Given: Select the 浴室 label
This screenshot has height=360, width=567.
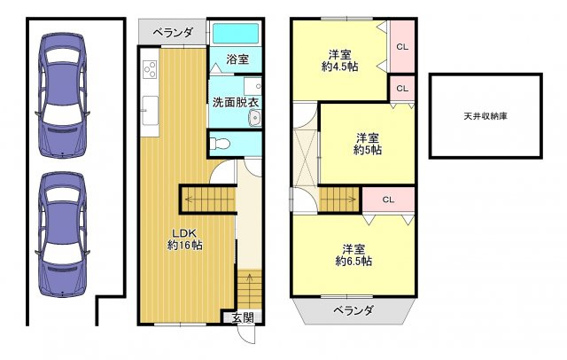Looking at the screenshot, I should (x=237, y=60).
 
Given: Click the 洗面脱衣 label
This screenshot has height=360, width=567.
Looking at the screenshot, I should (x=235, y=103).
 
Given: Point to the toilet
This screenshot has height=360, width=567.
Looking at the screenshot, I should (x=222, y=143).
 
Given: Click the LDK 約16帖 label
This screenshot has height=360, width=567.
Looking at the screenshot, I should (x=185, y=239).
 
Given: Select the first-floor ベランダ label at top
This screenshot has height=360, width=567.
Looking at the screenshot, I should (x=173, y=33).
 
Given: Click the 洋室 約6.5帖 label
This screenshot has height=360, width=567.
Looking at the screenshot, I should (x=353, y=254).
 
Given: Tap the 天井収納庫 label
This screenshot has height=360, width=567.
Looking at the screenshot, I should (x=485, y=116).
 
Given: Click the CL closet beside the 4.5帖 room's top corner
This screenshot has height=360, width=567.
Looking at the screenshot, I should (x=401, y=47).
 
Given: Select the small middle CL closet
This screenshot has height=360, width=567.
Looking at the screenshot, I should (x=402, y=89).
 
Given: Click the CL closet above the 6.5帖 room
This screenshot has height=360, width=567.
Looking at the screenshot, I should (x=388, y=200).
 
